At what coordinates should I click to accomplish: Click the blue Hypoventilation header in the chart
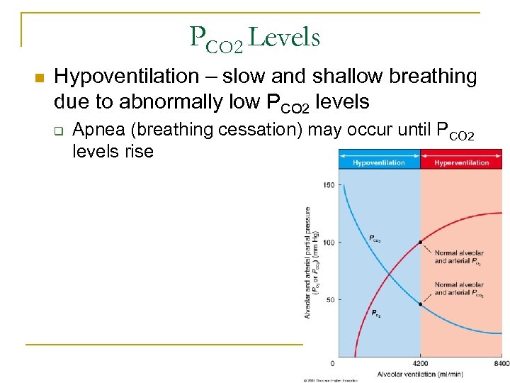click(x=379, y=162)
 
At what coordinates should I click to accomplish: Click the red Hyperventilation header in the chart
click(x=461, y=162)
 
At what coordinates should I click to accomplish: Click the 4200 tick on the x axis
click(x=421, y=363)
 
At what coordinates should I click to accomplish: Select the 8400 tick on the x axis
click(x=501, y=363)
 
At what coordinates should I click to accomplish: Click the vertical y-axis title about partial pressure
click(x=310, y=262)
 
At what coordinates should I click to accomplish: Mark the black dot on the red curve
click(x=421, y=243)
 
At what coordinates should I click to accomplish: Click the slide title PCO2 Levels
click(x=255, y=38)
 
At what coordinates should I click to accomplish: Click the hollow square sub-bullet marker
click(x=59, y=131)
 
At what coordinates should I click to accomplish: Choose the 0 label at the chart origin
click(x=332, y=363)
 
